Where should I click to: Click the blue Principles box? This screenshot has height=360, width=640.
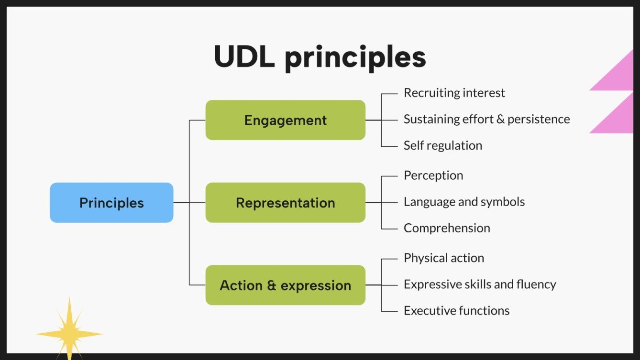tap(111, 203)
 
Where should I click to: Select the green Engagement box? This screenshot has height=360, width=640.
tap(285, 120)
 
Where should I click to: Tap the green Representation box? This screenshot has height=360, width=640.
tap(285, 203)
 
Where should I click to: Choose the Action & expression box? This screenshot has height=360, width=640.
tap(285, 285)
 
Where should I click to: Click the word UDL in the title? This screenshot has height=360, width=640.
tap(244, 57)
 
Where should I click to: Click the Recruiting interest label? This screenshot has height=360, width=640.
tap(454, 93)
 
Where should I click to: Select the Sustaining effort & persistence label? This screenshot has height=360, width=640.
tap(486, 119)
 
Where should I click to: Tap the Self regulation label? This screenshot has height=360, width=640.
tap(442, 145)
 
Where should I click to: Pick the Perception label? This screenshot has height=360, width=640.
tap(433, 175)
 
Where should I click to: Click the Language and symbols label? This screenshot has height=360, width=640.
tap(464, 202)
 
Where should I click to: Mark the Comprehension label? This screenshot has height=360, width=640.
tap(447, 228)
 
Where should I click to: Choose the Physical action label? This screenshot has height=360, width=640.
tap(444, 258)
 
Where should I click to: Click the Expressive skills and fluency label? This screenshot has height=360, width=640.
tap(480, 284)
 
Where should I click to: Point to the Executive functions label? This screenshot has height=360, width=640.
tap(456, 311)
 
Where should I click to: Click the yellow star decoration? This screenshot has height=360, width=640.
tap(69, 333)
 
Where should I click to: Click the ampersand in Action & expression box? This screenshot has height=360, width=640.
tap(272, 286)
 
